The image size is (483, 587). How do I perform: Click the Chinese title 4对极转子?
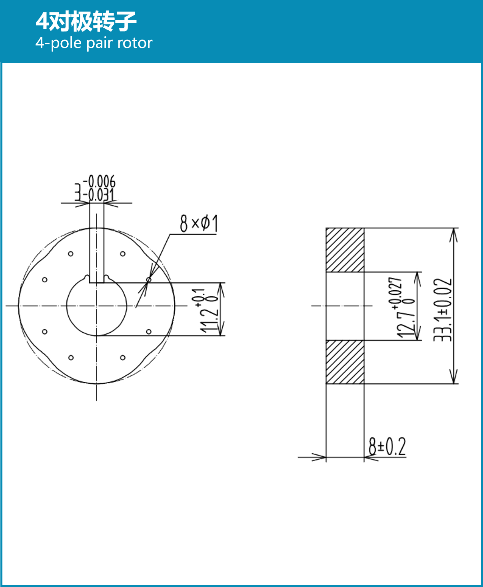click(x=86, y=21)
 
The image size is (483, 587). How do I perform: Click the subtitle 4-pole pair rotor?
click(x=94, y=43)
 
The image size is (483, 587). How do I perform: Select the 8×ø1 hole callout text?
click(x=198, y=224)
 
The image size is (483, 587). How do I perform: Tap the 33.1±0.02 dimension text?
click(x=442, y=309)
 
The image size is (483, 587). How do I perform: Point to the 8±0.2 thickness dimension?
click(x=387, y=446)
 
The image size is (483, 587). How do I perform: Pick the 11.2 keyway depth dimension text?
click(x=209, y=319)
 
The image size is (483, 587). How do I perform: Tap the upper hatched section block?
click(x=345, y=250)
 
